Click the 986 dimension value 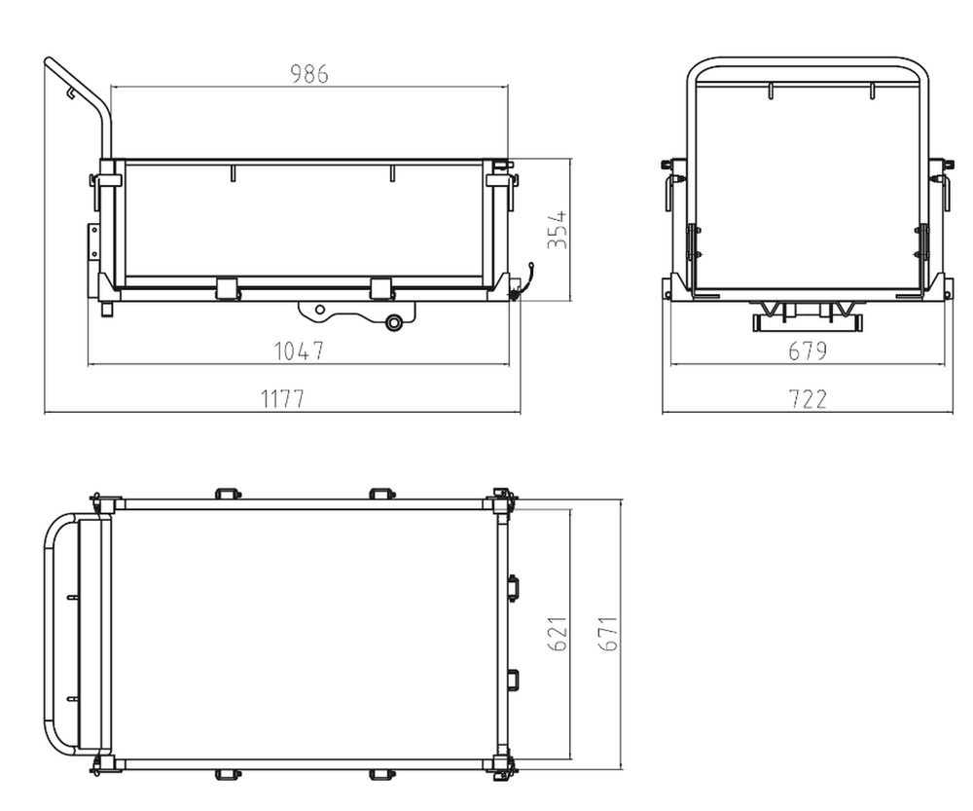(309, 74)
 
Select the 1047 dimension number (299, 350)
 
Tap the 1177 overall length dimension (282, 398)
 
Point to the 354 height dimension (558, 230)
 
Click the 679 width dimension (808, 351)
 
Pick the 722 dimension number (808, 398)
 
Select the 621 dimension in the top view (558, 634)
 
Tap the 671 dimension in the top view (608, 634)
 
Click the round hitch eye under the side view (393, 322)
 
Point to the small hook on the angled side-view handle (71, 92)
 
